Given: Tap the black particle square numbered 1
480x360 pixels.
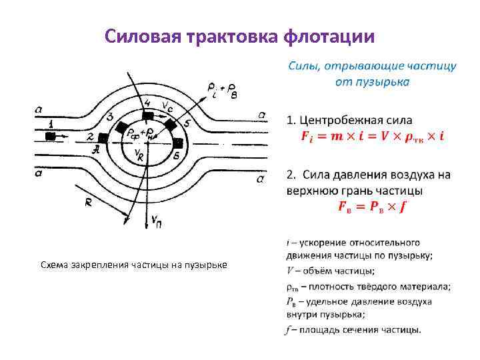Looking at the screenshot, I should coord(51,136).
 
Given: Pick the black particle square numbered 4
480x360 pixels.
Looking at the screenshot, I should coord(147,113).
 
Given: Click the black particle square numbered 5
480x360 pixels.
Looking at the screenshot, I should coord(171,125).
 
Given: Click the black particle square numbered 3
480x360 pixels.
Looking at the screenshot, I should coord(122,127).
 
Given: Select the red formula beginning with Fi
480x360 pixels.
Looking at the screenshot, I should coord(373,136).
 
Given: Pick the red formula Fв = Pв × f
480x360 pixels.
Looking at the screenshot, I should coord(372,205).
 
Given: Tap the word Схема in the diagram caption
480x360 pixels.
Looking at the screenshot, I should coord(53,265).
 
